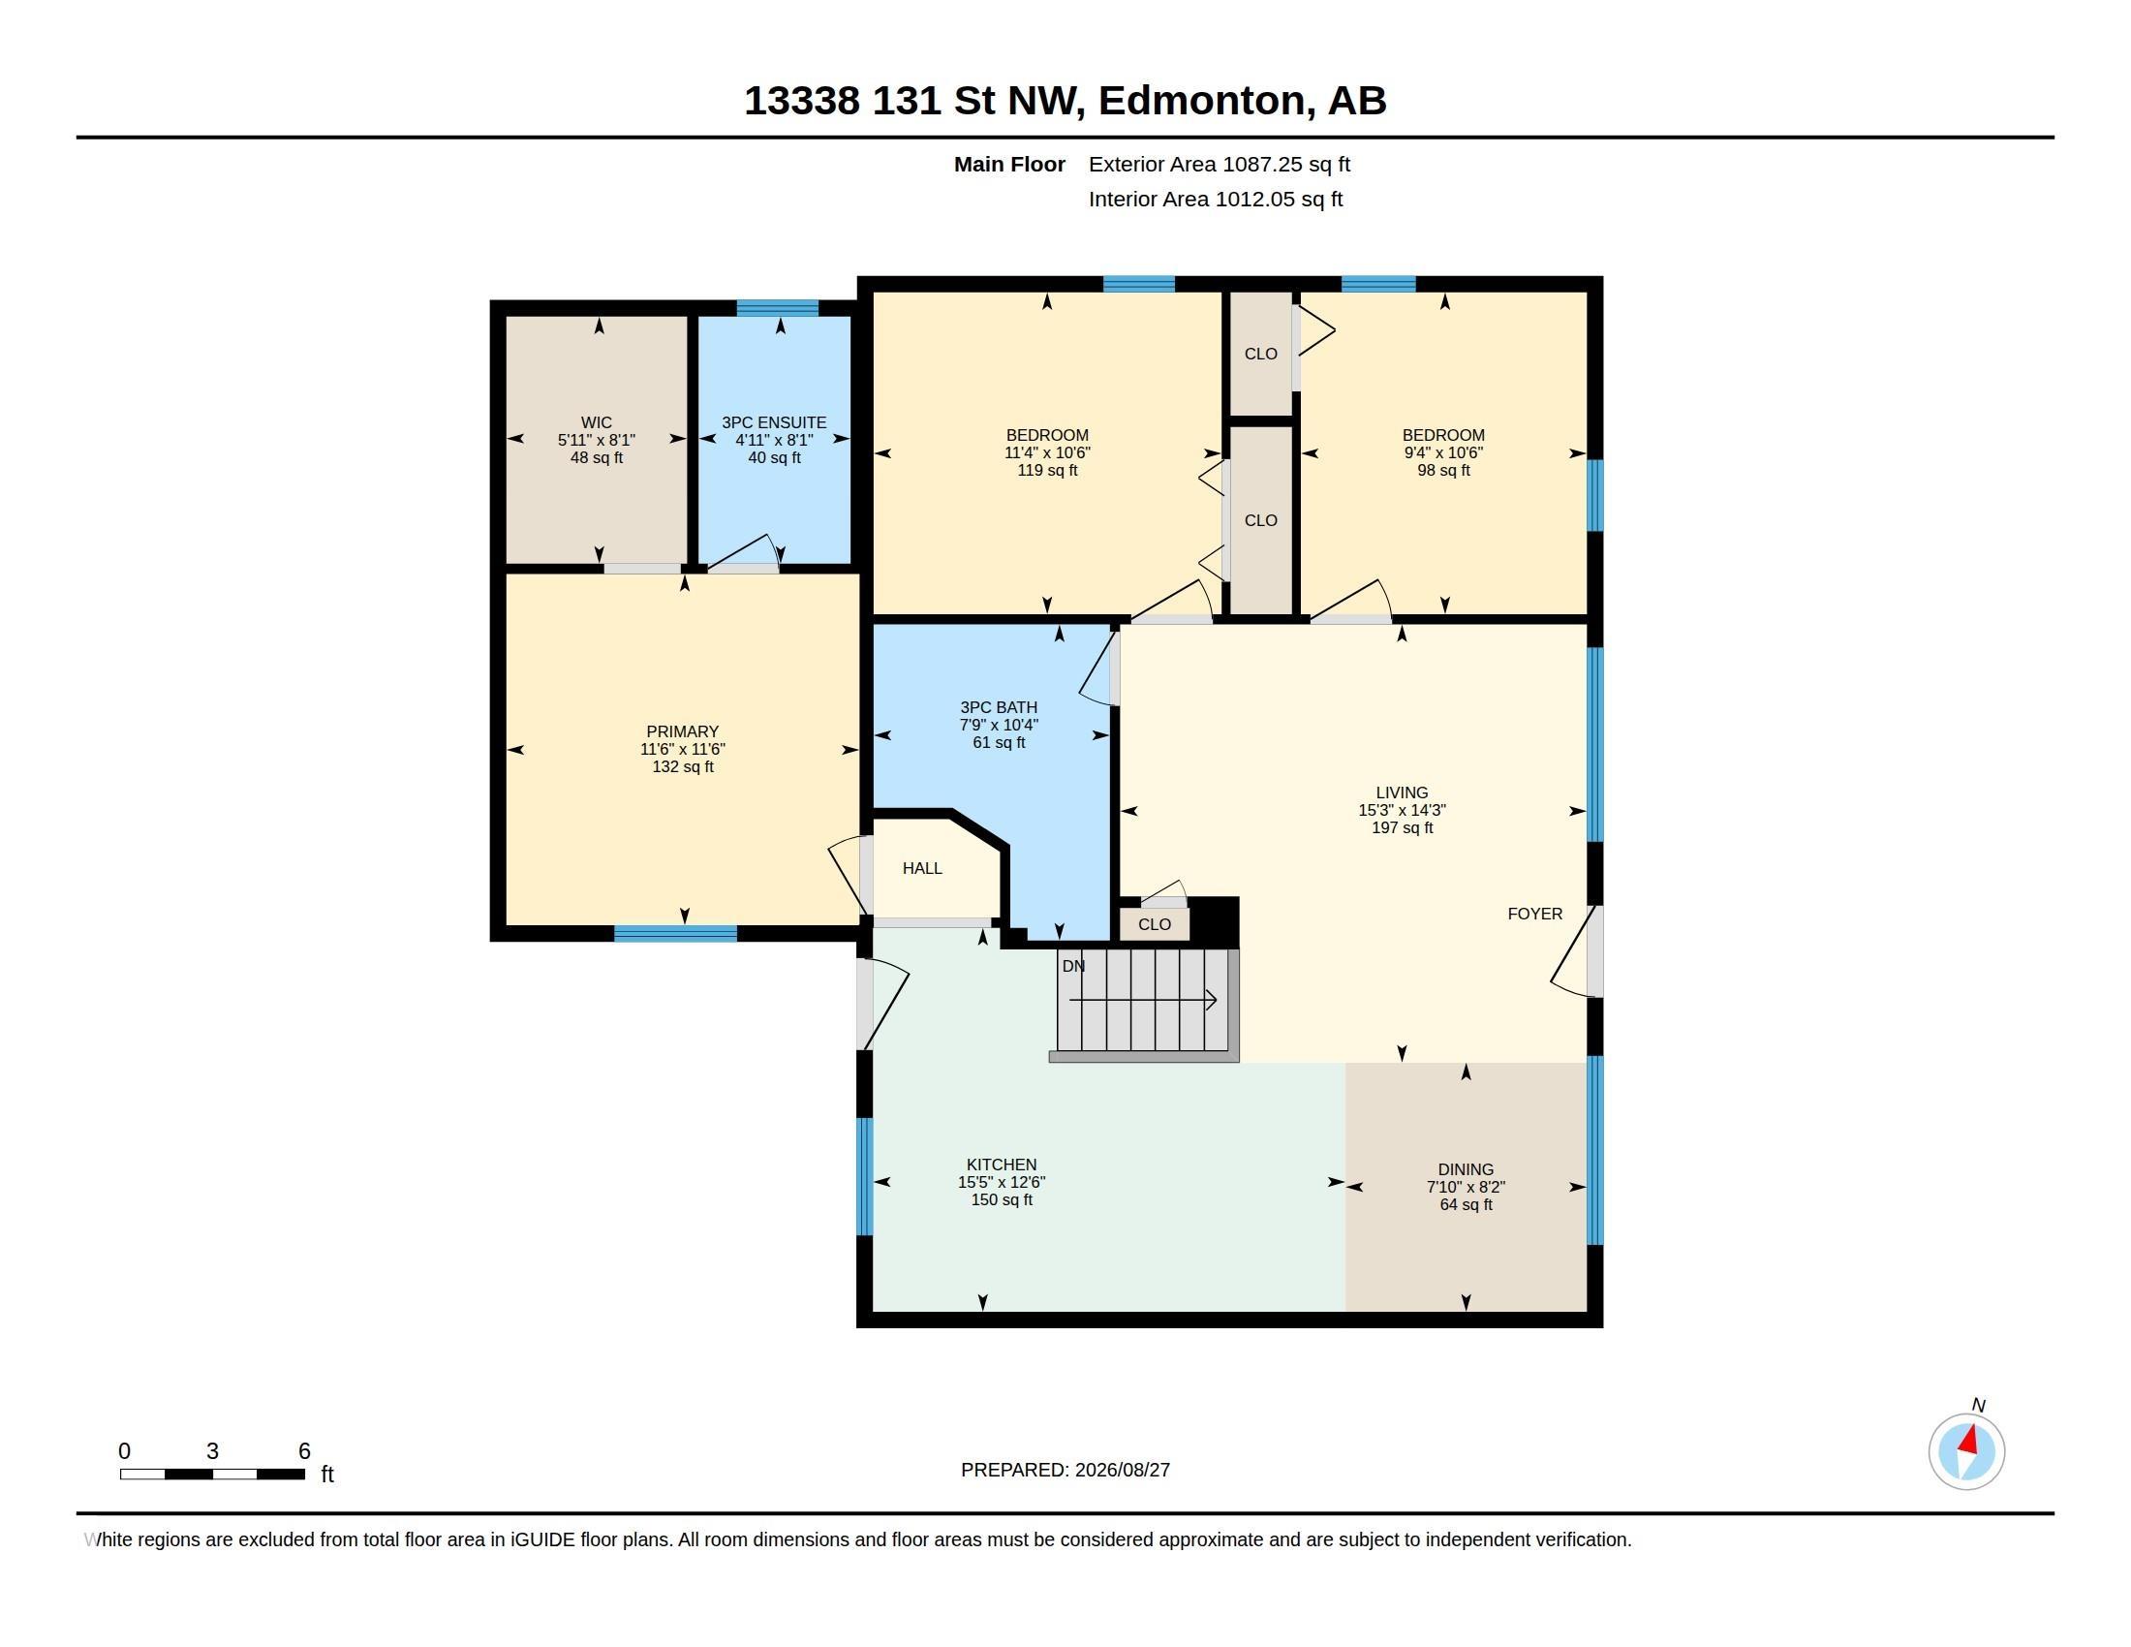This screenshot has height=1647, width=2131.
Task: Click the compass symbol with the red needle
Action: pos(1966,1452)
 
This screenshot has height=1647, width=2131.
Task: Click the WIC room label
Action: pos(596,422)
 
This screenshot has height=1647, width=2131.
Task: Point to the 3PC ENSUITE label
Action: pos(774,422)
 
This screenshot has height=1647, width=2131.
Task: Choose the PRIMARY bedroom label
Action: pos(682,731)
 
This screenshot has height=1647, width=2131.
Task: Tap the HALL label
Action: pos(922,868)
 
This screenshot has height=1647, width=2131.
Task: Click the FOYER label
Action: pos(1535,915)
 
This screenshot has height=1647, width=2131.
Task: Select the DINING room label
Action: pos(1466,1170)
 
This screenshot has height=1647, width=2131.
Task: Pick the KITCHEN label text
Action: pos(1002,1165)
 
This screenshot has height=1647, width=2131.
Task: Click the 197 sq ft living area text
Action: pos(1403,828)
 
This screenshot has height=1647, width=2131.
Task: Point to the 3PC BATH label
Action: pos(998,707)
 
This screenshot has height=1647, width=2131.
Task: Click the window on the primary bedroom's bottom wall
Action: pos(675,934)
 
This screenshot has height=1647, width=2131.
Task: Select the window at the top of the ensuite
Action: pos(778,308)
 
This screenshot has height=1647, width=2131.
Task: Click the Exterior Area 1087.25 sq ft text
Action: pos(1220,165)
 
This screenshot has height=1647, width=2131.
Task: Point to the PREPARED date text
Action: pos(1065,1471)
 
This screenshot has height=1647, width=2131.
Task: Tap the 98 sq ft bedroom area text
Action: pos(1443,470)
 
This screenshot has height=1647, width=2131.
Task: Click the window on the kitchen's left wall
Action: pos(864,1177)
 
